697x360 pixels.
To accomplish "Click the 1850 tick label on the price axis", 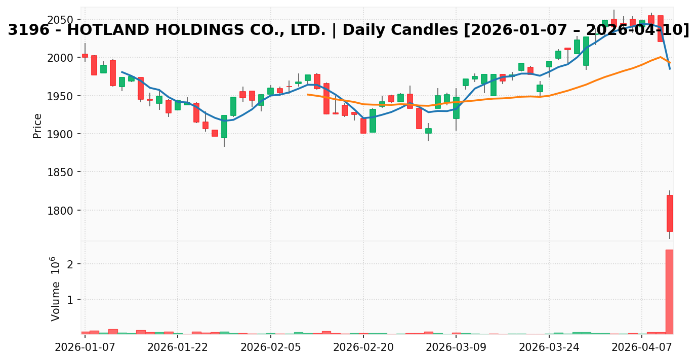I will tap(61, 172).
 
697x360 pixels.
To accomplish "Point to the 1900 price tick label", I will tap(61, 134).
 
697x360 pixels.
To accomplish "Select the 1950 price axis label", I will tap(61, 96).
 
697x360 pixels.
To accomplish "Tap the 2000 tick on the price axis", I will tap(61, 58).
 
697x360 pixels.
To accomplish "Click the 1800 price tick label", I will tap(61, 210).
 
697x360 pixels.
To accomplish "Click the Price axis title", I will tap(37, 126).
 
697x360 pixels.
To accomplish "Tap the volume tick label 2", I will tap(70, 264).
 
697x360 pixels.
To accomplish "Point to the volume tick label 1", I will tap(70, 300).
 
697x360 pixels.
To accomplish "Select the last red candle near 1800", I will tap(670, 213).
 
